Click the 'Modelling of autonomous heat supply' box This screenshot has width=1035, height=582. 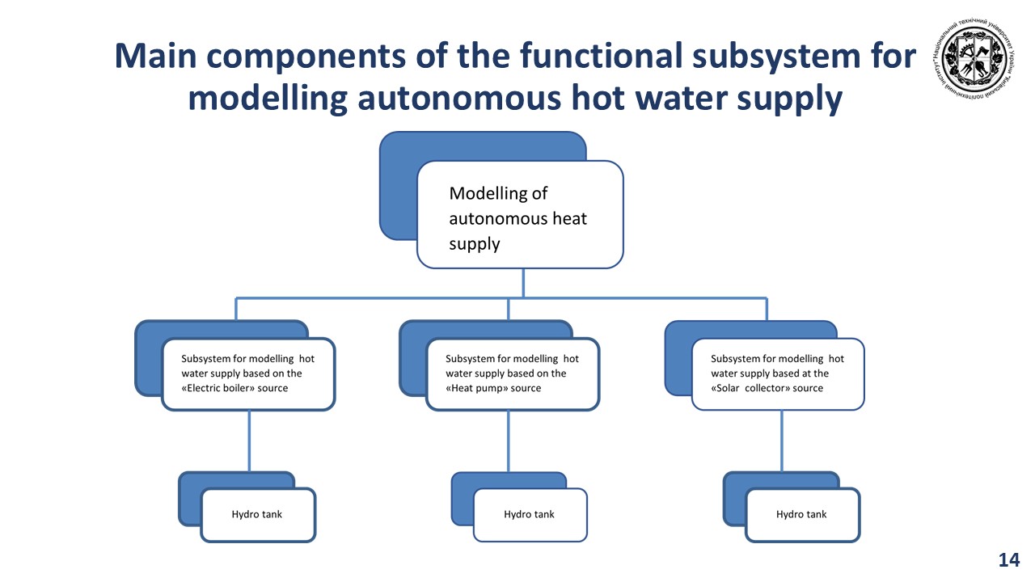[520, 214]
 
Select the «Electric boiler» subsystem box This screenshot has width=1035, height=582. [248, 373]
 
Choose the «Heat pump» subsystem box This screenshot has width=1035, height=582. [513, 373]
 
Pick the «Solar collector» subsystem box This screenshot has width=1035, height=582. [778, 373]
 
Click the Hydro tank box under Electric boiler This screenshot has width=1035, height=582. [258, 515]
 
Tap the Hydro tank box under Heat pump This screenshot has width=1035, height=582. [530, 515]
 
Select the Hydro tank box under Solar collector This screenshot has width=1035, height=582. [802, 515]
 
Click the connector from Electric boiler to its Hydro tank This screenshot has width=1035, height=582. [249, 441]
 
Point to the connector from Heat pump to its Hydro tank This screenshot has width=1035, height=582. [509, 441]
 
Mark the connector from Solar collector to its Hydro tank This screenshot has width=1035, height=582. [781, 441]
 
